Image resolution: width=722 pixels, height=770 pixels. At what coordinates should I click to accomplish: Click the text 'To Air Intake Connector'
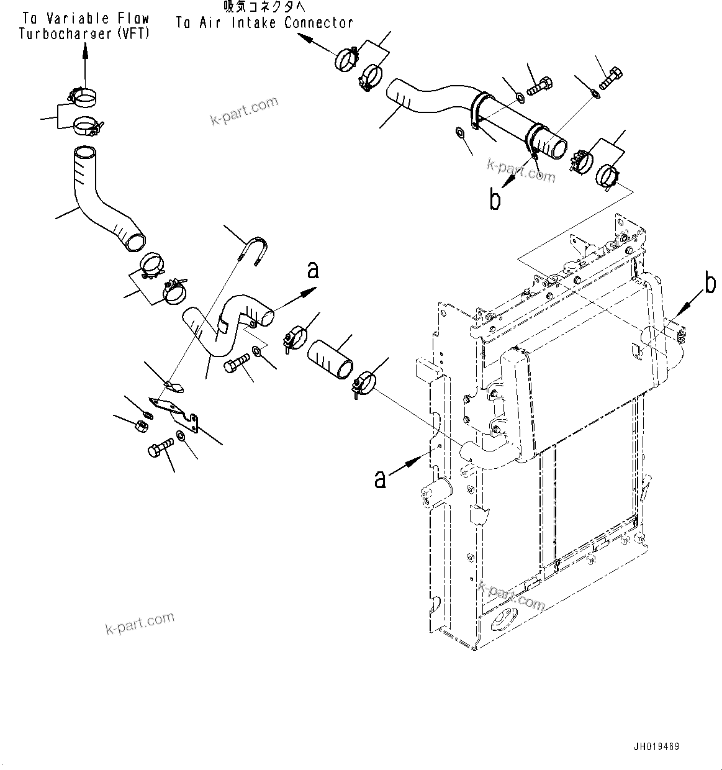(x=264, y=23)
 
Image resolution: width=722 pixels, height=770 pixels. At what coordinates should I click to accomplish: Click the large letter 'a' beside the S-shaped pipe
(x=313, y=271)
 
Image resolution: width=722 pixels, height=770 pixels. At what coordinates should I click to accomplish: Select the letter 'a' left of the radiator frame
(x=380, y=479)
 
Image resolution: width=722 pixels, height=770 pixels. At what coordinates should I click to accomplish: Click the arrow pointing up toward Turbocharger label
(x=85, y=62)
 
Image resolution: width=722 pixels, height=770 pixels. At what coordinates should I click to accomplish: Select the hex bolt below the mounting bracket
(x=160, y=448)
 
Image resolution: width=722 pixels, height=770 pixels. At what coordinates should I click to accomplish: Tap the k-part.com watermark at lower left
(x=140, y=623)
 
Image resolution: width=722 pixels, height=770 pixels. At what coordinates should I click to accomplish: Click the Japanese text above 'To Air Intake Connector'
(x=265, y=7)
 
